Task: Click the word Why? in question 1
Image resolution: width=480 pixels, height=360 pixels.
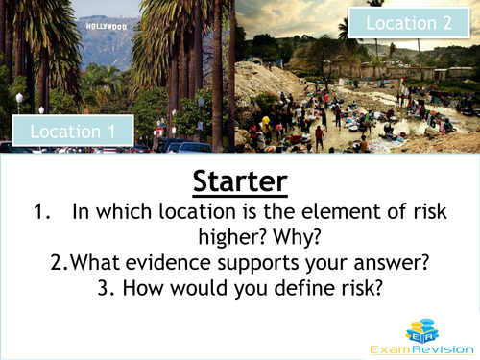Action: (301, 237)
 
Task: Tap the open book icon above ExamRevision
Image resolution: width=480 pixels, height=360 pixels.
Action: (419, 327)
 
